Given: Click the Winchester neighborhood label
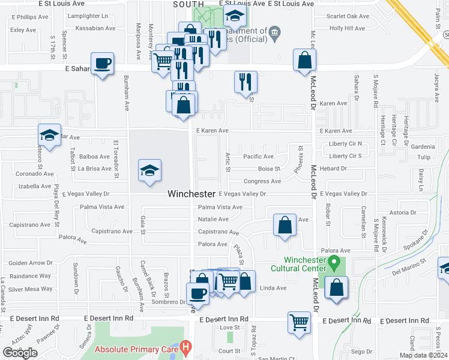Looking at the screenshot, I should click(x=191, y=194).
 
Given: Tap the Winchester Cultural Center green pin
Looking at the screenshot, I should click(x=336, y=262).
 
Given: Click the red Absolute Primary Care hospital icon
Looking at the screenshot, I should click(x=186, y=346).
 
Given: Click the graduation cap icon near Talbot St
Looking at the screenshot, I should click(x=50, y=134).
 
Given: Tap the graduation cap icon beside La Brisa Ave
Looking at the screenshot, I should click(x=149, y=170).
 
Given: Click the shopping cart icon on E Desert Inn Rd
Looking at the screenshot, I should click(x=299, y=322).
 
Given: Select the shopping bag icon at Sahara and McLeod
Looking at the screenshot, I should click(x=305, y=59).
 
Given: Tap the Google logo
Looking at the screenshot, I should click(x=20, y=353).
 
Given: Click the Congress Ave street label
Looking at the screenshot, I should click(x=262, y=181).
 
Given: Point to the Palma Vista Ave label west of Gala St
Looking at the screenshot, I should click(x=102, y=207).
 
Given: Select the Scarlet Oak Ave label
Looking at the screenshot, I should click(x=348, y=16).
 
